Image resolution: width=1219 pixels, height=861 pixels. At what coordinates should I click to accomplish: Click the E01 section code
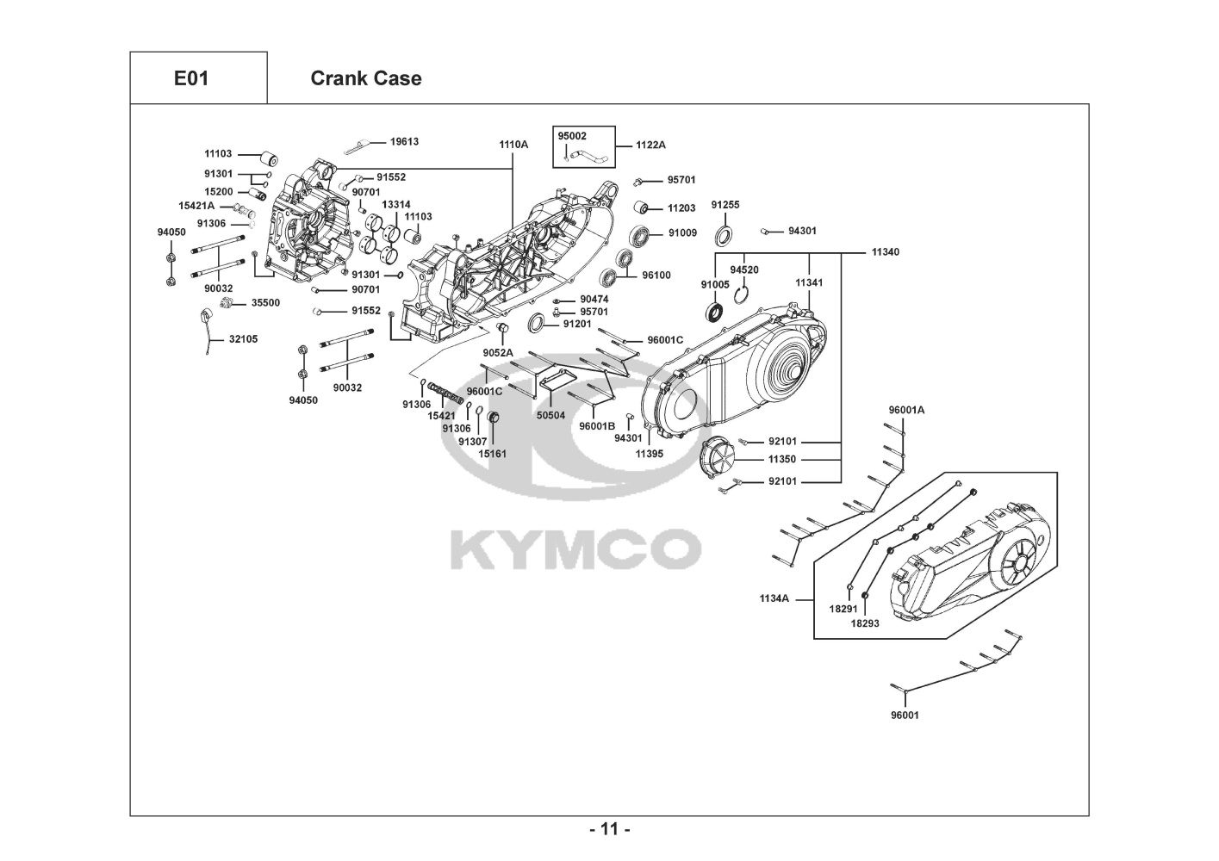click(191, 78)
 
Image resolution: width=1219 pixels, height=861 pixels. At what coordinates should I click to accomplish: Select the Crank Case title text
click(365, 78)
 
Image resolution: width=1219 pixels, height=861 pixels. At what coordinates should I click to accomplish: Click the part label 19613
click(404, 141)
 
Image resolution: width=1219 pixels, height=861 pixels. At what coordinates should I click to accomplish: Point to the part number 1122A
click(650, 145)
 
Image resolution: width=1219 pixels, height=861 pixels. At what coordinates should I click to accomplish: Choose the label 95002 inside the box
click(572, 136)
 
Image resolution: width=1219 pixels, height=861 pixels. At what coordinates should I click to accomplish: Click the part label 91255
click(725, 205)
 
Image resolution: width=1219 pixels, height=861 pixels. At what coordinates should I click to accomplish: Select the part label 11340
click(886, 251)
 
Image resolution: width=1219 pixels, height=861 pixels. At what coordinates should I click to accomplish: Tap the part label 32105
click(243, 339)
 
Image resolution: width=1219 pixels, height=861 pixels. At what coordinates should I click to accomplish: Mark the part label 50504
click(550, 415)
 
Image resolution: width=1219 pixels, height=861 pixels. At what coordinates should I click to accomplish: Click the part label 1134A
click(774, 598)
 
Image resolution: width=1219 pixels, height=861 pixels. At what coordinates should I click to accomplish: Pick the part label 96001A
click(906, 410)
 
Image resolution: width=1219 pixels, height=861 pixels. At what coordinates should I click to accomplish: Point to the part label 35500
click(265, 302)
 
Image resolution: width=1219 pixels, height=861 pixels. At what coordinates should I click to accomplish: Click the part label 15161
click(492, 453)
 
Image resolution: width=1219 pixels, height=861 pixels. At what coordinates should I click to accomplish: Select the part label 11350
click(782, 459)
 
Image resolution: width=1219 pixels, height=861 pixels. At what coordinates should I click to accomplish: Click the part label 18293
click(865, 623)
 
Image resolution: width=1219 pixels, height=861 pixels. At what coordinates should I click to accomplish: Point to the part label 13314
click(395, 205)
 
